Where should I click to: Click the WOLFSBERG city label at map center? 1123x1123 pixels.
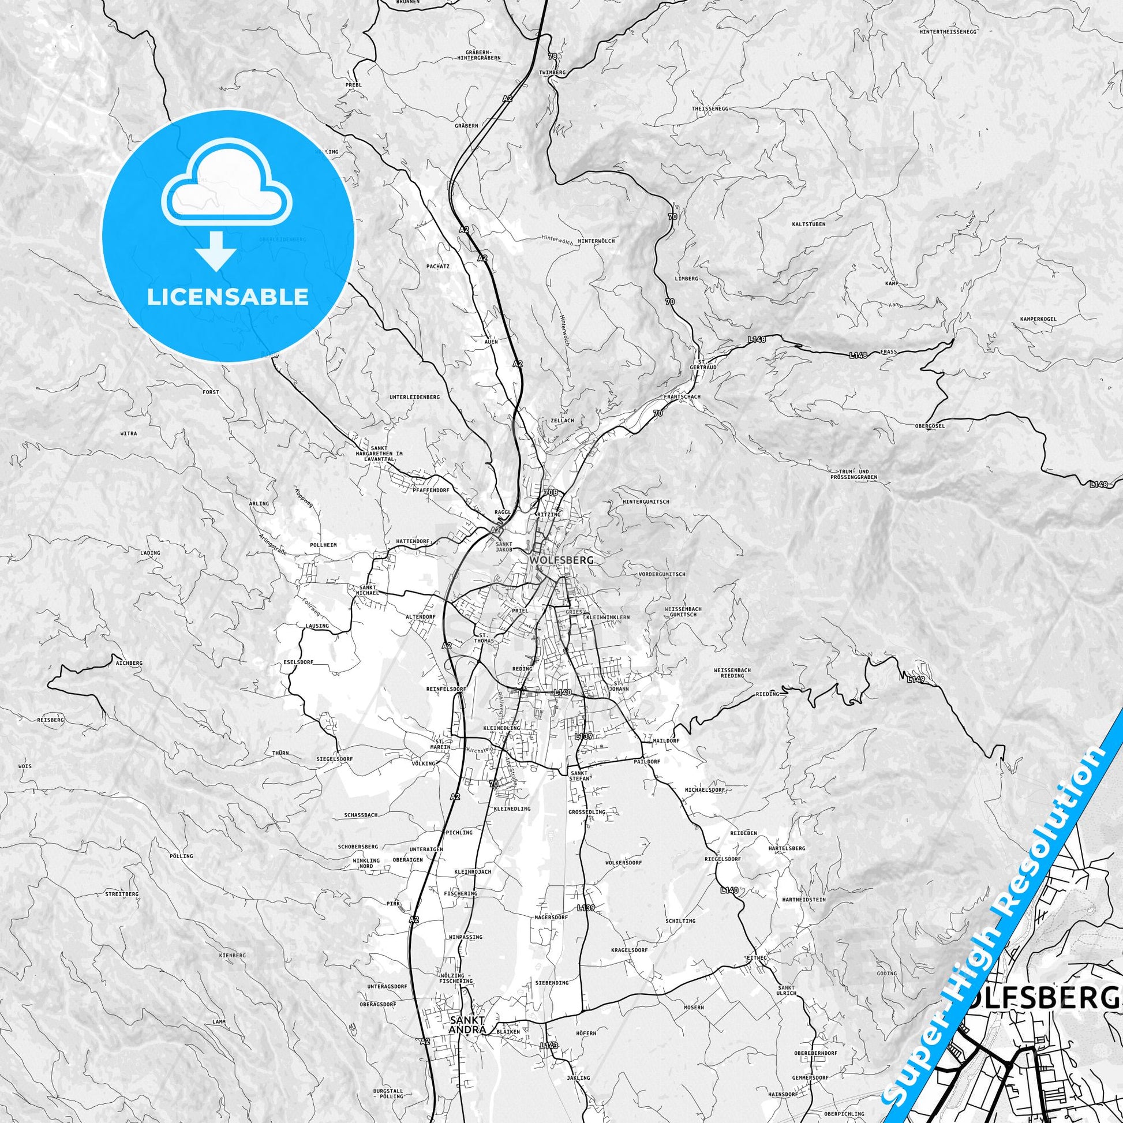[x=561, y=560]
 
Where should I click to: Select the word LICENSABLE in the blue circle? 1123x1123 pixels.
[x=227, y=297]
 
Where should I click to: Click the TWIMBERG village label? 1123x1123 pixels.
[x=553, y=72]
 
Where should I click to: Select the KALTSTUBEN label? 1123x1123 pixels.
[x=808, y=224]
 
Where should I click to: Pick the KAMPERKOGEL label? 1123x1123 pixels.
[x=1038, y=319]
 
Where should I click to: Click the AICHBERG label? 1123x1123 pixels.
[x=129, y=662]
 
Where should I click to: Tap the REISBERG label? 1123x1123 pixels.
[x=51, y=720]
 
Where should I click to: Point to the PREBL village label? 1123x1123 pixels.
[x=353, y=84]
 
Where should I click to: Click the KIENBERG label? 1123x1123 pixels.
[x=233, y=956]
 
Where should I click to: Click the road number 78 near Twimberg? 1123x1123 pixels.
[x=552, y=57]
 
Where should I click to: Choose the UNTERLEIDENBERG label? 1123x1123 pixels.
[x=414, y=397]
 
